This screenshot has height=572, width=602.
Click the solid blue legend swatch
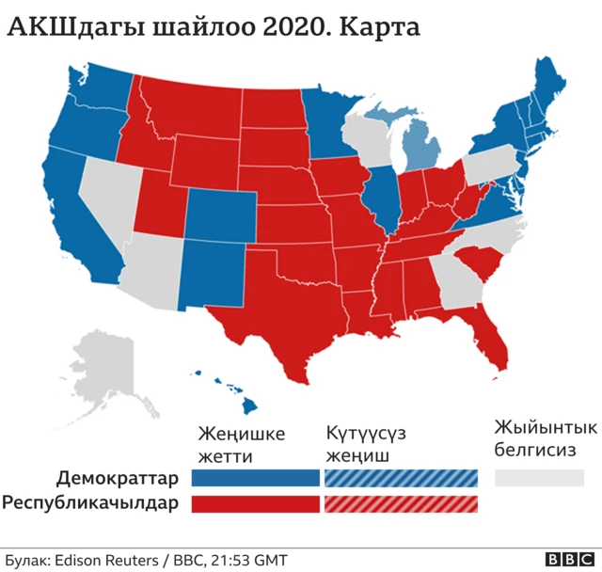[256, 477]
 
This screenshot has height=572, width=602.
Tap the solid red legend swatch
[256, 503]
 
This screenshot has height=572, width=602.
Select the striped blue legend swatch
[401, 477]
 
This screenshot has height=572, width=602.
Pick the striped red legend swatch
[401, 503]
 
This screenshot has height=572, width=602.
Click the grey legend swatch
[539, 477]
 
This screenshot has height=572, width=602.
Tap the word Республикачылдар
[90, 503]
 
